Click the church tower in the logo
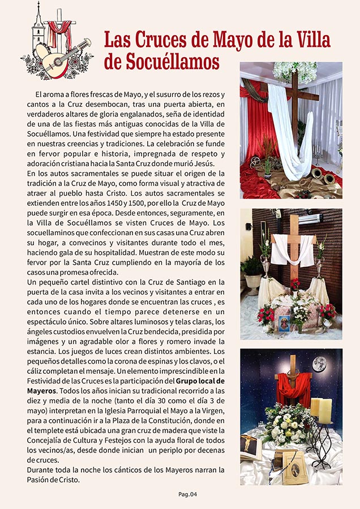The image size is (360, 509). pyautogui.click(x=37, y=25)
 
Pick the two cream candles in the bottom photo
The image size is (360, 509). pyautogui.click(x=320, y=410)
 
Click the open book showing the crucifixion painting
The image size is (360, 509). pyautogui.click(x=250, y=448)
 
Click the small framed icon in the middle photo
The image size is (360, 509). pyautogui.click(x=282, y=322)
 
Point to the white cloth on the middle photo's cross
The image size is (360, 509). pyautogui.click(x=293, y=249)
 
